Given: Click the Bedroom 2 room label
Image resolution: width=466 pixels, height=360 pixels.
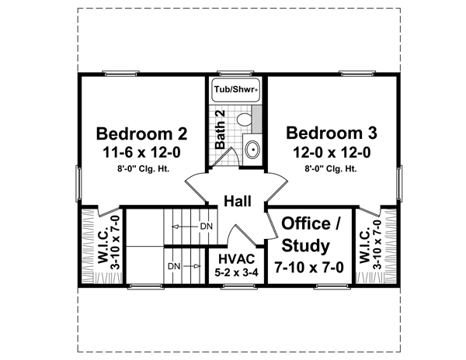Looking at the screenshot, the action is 142,134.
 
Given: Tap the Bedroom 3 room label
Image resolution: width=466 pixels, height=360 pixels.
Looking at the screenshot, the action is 332,133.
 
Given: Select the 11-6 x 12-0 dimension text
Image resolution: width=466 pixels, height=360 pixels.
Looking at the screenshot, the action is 142,153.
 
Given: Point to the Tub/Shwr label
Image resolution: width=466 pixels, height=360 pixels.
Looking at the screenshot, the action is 235,89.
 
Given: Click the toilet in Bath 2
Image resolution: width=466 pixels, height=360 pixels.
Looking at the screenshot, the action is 245,119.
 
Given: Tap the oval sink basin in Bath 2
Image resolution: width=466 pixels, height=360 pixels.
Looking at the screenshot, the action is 252,150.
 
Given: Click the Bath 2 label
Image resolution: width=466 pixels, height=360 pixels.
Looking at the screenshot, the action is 221,130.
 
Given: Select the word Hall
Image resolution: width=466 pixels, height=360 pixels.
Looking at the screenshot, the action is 238,201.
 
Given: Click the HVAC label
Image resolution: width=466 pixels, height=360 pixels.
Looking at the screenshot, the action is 237,259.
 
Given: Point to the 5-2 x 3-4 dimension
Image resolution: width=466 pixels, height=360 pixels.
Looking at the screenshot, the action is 237,272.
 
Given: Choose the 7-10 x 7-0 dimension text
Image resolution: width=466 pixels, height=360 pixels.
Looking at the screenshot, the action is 309,268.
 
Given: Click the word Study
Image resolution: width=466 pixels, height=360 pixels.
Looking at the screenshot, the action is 305,246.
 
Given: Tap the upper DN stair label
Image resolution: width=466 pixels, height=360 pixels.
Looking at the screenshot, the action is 207,227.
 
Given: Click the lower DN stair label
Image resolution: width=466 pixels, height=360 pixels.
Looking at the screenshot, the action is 174,267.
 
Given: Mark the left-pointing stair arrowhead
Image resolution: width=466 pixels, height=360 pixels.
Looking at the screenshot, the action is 175,227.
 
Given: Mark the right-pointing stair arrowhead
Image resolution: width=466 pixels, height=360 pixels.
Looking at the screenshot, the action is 197,267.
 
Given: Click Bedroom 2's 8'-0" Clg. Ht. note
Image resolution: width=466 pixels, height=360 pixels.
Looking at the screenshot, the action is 143,169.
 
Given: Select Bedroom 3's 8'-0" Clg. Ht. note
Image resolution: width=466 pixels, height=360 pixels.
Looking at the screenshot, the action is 331,169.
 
